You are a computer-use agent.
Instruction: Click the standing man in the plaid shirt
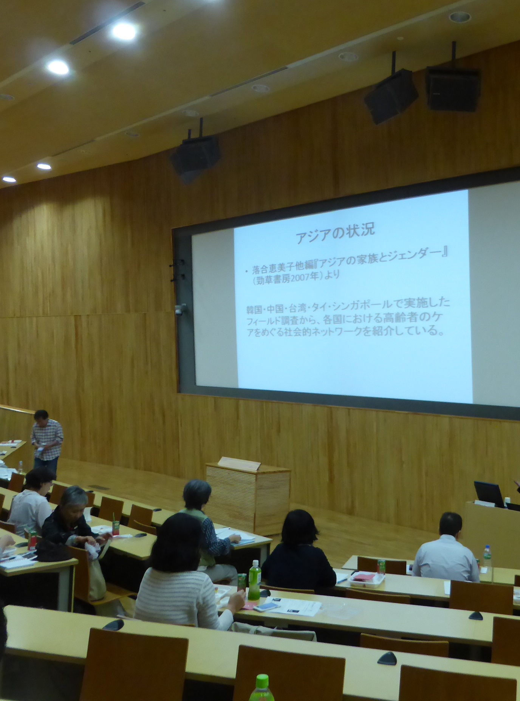pos(46,442)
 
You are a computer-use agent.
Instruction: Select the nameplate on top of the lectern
pos(239,464)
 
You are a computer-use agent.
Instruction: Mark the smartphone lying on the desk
pos(266,607)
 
